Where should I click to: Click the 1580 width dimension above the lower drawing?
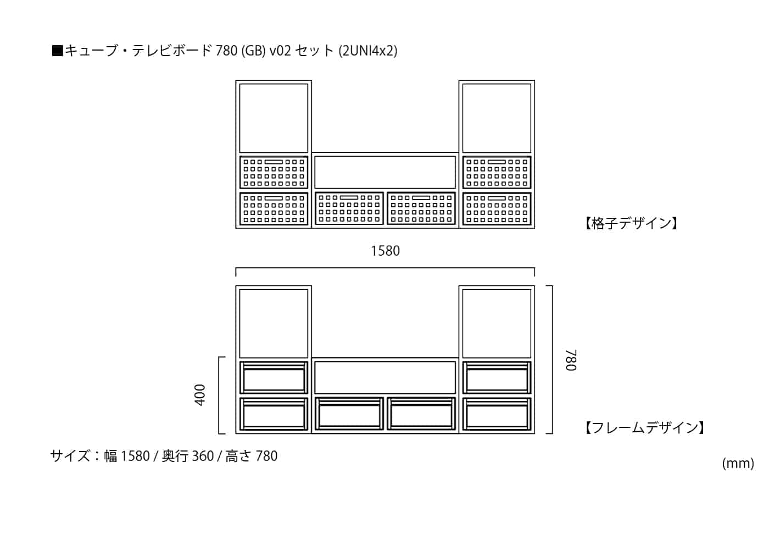click(385, 251)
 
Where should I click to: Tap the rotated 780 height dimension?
click(571, 360)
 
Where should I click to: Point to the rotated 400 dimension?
click(200, 395)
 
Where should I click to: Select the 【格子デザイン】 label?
click(631, 223)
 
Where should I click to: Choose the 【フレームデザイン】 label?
click(644, 428)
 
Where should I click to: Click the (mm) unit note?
click(738, 463)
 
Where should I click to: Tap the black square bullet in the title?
click(57, 51)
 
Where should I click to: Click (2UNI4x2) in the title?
click(367, 51)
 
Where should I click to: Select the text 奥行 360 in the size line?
click(187, 456)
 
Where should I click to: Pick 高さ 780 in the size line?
click(251, 456)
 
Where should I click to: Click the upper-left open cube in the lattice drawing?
click(274, 118)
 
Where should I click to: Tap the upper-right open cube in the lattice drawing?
click(497, 118)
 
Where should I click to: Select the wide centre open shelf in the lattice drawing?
click(385, 172)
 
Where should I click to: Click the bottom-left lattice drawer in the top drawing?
click(274, 208)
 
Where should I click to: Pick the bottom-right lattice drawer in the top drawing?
click(497, 208)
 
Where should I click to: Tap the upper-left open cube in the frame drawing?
click(274, 323)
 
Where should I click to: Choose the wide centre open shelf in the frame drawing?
click(385, 377)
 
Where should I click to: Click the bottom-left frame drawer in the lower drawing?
click(274, 414)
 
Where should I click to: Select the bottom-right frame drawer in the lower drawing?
click(497, 414)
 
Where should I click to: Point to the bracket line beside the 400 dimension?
click(219, 395)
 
